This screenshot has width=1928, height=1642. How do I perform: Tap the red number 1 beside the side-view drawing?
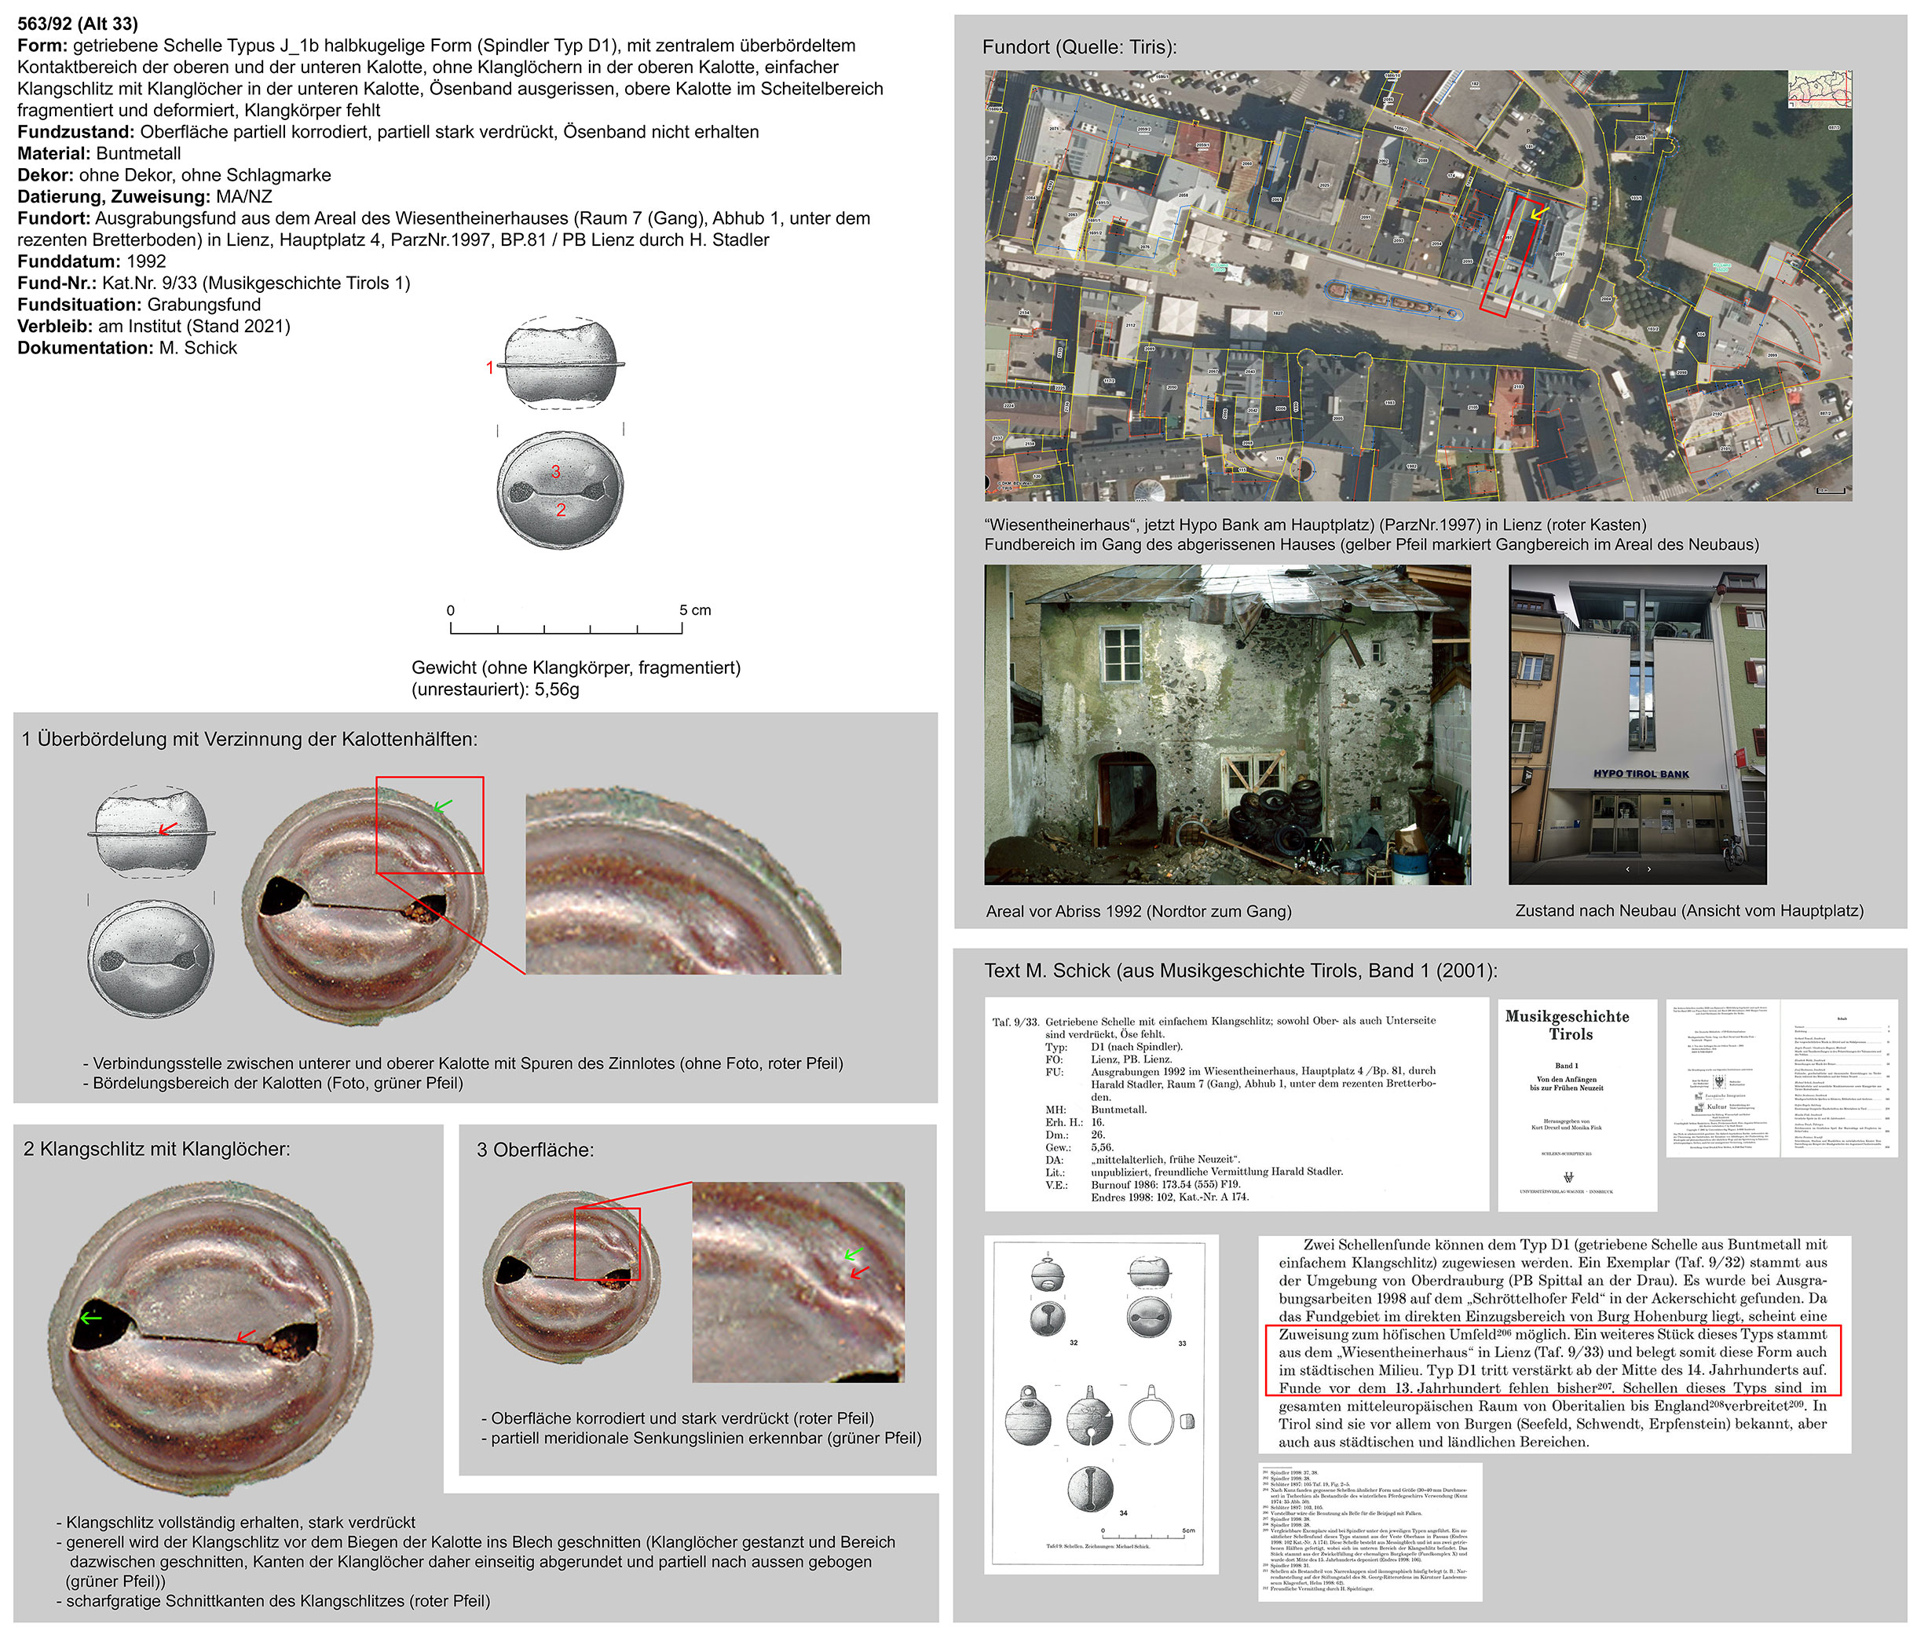click(x=489, y=368)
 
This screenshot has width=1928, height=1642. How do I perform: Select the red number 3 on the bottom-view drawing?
click(x=555, y=470)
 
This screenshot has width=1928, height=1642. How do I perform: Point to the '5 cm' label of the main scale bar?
click(x=694, y=610)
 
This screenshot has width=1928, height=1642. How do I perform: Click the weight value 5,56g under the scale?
click(x=557, y=689)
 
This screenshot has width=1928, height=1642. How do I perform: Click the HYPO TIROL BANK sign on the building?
click(x=1641, y=773)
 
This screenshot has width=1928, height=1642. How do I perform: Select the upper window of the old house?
click(x=1121, y=653)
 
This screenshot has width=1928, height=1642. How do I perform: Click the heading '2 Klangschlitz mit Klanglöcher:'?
click(x=156, y=1149)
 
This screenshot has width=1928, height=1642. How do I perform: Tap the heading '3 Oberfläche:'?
click(x=535, y=1150)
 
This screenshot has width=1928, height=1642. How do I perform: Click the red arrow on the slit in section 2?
click(x=246, y=1336)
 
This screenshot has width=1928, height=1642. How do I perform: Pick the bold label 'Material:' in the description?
click(x=54, y=153)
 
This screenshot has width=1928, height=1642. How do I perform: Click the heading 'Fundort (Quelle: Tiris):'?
click(x=1079, y=46)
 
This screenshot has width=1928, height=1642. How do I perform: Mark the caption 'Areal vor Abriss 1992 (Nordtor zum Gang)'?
click(x=1138, y=911)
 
